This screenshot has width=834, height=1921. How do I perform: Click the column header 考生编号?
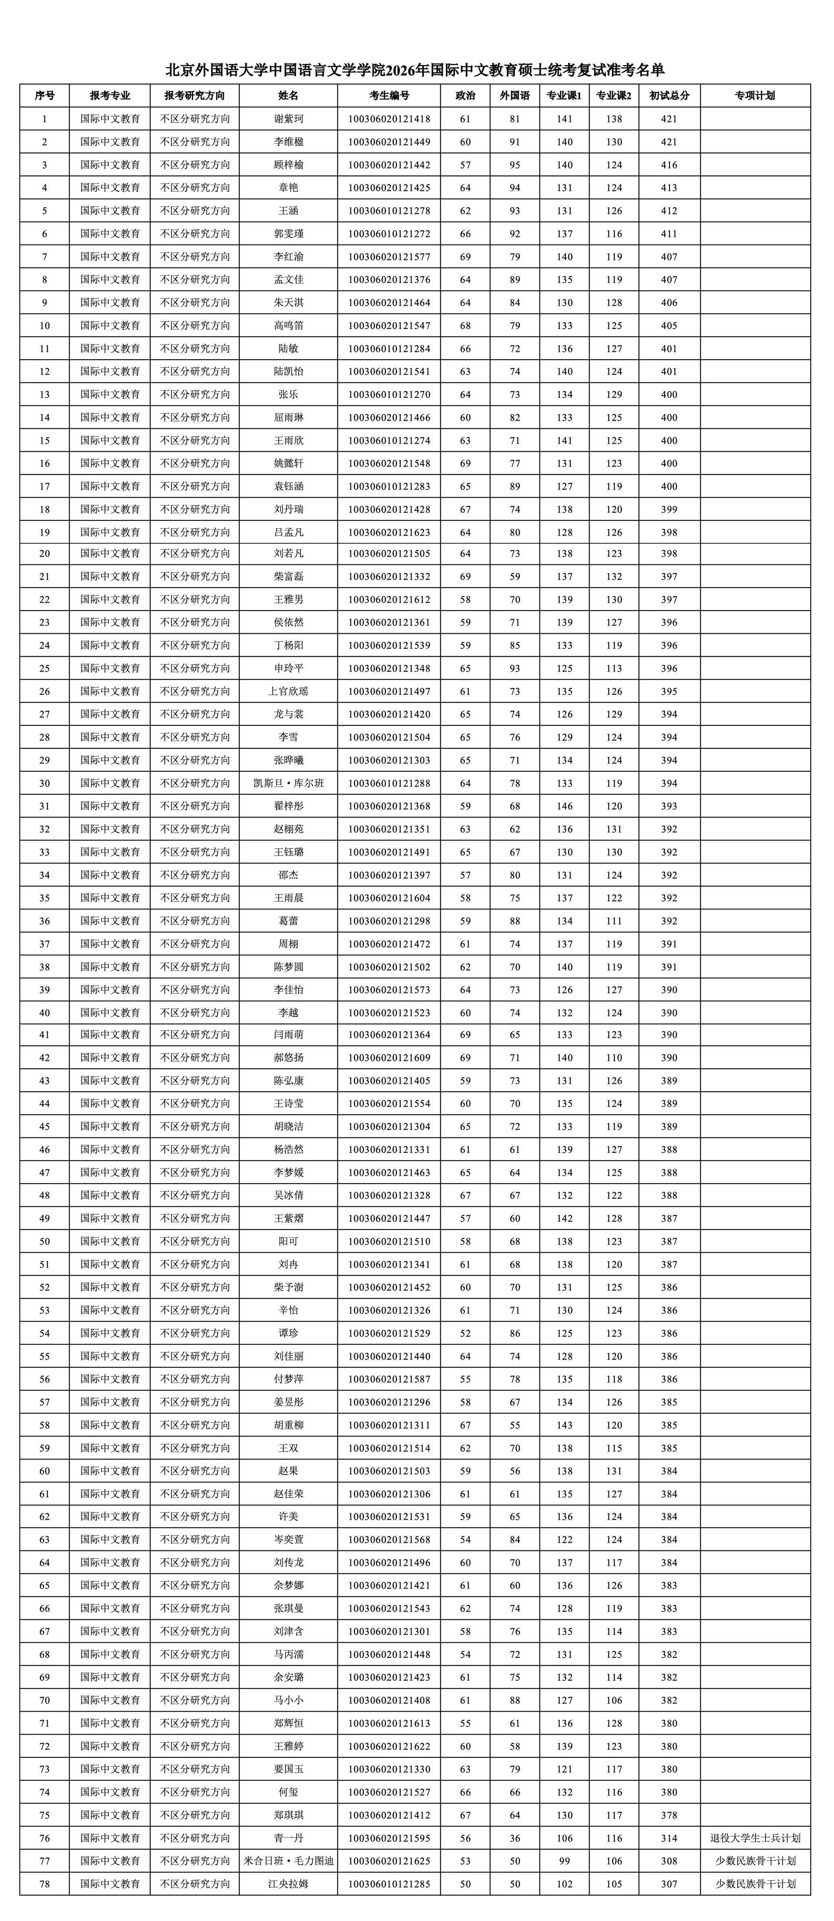click(x=388, y=95)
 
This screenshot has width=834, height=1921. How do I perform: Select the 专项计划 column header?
click(x=755, y=95)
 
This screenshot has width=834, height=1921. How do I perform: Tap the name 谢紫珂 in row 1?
click(x=289, y=119)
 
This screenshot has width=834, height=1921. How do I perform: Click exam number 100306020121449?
click(x=388, y=142)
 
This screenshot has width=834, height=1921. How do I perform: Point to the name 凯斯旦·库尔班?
click(x=289, y=783)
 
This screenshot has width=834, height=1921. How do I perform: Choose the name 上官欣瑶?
click(x=289, y=691)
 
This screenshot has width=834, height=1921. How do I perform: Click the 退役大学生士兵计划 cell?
click(x=755, y=1838)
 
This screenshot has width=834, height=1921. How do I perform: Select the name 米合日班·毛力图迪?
click(x=289, y=1862)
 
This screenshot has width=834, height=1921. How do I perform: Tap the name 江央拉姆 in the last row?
click(x=289, y=1884)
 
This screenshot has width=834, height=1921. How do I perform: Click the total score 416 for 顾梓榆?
click(x=669, y=165)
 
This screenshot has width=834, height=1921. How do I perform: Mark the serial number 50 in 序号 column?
click(x=45, y=1242)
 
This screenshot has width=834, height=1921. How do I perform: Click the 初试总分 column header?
click(x=669, y=95)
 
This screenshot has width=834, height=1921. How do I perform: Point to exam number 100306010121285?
click(x=388, y=1884)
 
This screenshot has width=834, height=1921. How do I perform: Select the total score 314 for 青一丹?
click(x=669, y=1838)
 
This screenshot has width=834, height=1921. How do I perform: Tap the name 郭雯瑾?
click(x=289, y=233)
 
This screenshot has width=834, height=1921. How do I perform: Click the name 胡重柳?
click(x=289, y=1425)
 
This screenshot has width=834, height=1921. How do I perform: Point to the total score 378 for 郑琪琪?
click(x=669, y=1815)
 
